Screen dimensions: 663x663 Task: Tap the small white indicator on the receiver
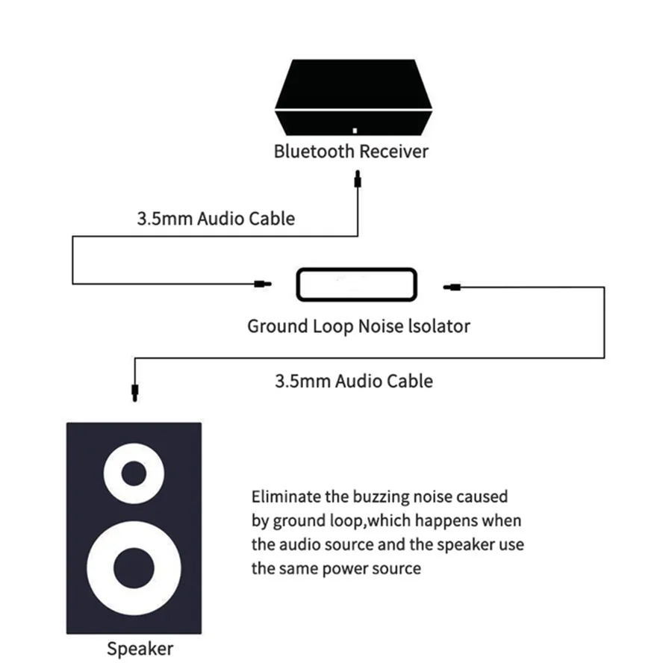pos(355,130)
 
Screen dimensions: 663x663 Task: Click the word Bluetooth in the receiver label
pos(314,152)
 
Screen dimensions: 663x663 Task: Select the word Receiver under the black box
pos(394,152)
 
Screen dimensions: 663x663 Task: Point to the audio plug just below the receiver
pos(358,179)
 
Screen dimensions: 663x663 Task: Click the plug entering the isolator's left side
pos(260,284)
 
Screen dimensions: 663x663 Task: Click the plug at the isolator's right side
pos(452,286)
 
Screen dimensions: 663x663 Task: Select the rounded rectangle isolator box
pos(355,284)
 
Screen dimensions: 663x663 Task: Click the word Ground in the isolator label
pos(276,326)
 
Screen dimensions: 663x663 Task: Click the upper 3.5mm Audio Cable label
pos(216,219)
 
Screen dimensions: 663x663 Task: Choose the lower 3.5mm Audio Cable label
pos(354,381)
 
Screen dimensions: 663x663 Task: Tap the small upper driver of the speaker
pos(134,473)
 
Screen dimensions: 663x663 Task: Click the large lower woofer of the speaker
pos(134,569)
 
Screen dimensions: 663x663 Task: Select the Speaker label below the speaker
pos(140,648)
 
